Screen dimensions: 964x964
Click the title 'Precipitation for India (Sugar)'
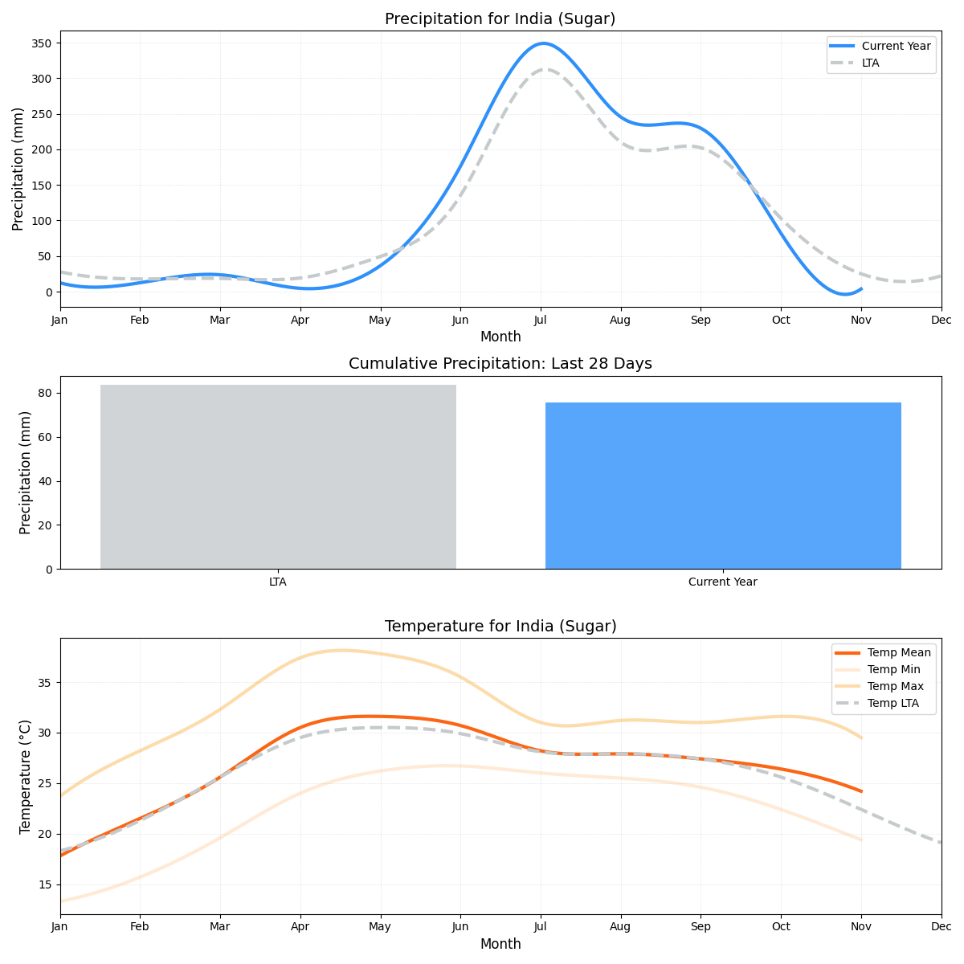point(500,19)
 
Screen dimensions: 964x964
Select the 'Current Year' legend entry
point(896,46)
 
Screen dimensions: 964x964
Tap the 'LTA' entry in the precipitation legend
point(870,63)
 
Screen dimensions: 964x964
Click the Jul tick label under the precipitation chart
point(541,320)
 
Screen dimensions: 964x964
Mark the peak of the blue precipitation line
point(544,43)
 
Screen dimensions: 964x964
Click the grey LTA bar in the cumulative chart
point(278,477)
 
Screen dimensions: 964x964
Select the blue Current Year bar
point(723,486)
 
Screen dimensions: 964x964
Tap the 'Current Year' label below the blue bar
point(723,582)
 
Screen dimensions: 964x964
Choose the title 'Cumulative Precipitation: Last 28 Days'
point(500,364)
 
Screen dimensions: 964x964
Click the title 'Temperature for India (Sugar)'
point(500,627)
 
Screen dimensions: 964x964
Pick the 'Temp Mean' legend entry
point(899,652)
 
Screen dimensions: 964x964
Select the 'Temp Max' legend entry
point(895,686)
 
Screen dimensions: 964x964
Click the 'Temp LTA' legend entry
point(893,703)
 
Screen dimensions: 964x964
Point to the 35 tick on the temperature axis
point(45,683)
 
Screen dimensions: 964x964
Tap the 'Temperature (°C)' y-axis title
point(26,776)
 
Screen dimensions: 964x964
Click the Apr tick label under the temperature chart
point(300,927)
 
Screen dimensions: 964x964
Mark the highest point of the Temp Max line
point(341,650)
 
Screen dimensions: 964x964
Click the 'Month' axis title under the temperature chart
point(500,944)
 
